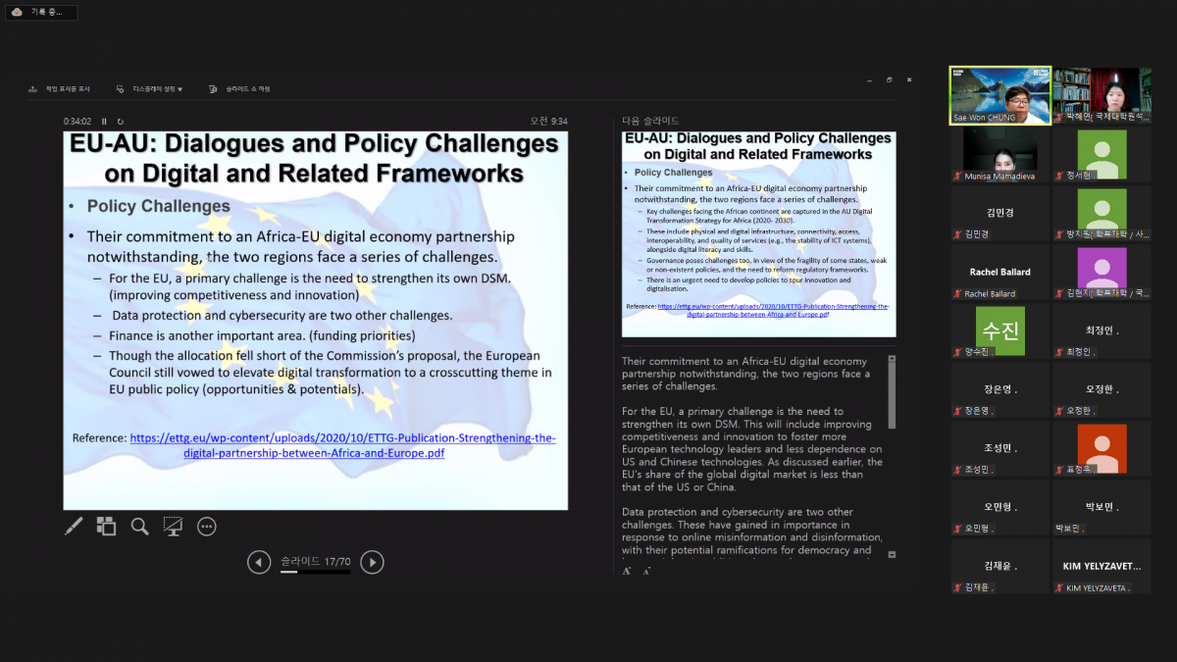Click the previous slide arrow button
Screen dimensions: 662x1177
(x=259, y=562)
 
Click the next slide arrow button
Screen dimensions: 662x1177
(x=372, y=562)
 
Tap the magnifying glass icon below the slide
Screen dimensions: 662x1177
(x=140, y=527)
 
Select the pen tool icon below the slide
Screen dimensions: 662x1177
(x=74, y=527)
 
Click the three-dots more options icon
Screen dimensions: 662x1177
(x=207, y=527)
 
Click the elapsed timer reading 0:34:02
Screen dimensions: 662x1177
(x=77, y=122)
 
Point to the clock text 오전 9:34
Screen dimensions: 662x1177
(x=548, y=122)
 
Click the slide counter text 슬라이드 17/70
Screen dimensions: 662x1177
(x=315, y=561)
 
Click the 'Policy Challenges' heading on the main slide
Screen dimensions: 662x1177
(x=158, y=207)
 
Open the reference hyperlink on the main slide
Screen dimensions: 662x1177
(x=343, y=438)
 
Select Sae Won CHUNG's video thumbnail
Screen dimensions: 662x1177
(x=999, y=95)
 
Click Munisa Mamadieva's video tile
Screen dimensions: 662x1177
(x=999, y=155)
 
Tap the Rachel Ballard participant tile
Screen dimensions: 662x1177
(x=999, y=272)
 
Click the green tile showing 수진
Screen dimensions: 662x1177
(x=999, y=331)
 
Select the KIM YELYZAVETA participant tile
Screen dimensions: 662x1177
(x=1101, y=567)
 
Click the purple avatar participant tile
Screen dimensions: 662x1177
(x=1101, y=272)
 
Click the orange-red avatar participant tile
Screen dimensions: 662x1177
(x=1101, y=448)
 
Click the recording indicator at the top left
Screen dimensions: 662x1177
(x=40, y=12)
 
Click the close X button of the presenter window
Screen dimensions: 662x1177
(x=909, y=79)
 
